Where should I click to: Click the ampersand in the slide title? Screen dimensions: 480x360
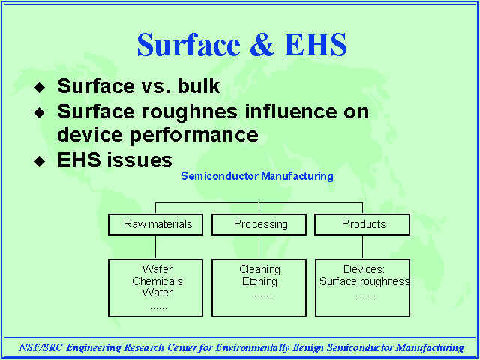pyautogui.click(x=262, y=45)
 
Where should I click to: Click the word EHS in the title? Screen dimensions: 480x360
pyautogui.click(x=315, y=45)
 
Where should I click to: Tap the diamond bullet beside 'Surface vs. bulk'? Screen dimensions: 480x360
pyautogui.click(x=40, y=87)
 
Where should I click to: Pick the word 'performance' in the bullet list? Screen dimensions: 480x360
pyautogui.click(x=194, y=136)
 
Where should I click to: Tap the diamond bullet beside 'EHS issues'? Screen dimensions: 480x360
pyautogui.click(x=40, y=161)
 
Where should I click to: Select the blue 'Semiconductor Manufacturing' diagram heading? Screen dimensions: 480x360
pyautogui.click(x=257, y=176)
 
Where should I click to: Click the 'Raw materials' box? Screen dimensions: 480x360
pyautogui.click(x=155, y=224)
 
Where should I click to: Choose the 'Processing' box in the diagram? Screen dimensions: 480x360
pyautogui.click(x=259, y=224)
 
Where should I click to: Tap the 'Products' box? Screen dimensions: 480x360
pyautogui.click(x=362, y=224)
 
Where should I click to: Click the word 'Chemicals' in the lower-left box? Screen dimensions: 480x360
pyautogui.click(x=157, y=281)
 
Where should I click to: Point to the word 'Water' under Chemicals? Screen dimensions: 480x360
pyautogui.click(x=157, y=292)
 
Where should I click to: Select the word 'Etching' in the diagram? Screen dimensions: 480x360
pyautogui.click(x=259, y=282)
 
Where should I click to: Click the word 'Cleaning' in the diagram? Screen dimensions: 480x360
pyautogui.click(x=259, y=270)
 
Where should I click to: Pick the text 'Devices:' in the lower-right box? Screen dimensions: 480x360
pyautogui.click(x=364, y=269)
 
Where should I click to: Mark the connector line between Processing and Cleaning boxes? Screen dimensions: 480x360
pyautogui.click(x=259, y=247)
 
